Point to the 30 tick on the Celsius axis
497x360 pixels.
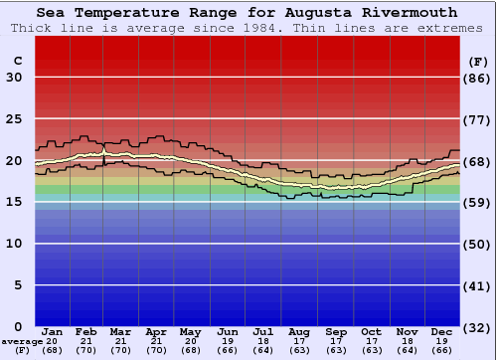(14, 78)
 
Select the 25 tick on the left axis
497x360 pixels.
(14, 119)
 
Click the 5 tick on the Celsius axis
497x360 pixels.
(18, 285)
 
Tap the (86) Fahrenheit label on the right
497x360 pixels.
(478, 78)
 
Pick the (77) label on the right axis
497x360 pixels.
(478, 119)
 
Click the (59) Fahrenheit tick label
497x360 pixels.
(478, 203)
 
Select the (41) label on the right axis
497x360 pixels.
(478, 285)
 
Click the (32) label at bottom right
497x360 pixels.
(478, 327)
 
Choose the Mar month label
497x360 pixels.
(120, 331)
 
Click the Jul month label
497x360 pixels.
(263, 331)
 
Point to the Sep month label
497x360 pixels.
(335, 331)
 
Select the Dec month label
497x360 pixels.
(442, 331)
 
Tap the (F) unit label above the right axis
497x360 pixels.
(478, 61)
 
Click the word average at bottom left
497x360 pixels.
(21, 340)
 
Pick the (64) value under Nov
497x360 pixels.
(407, 350)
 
